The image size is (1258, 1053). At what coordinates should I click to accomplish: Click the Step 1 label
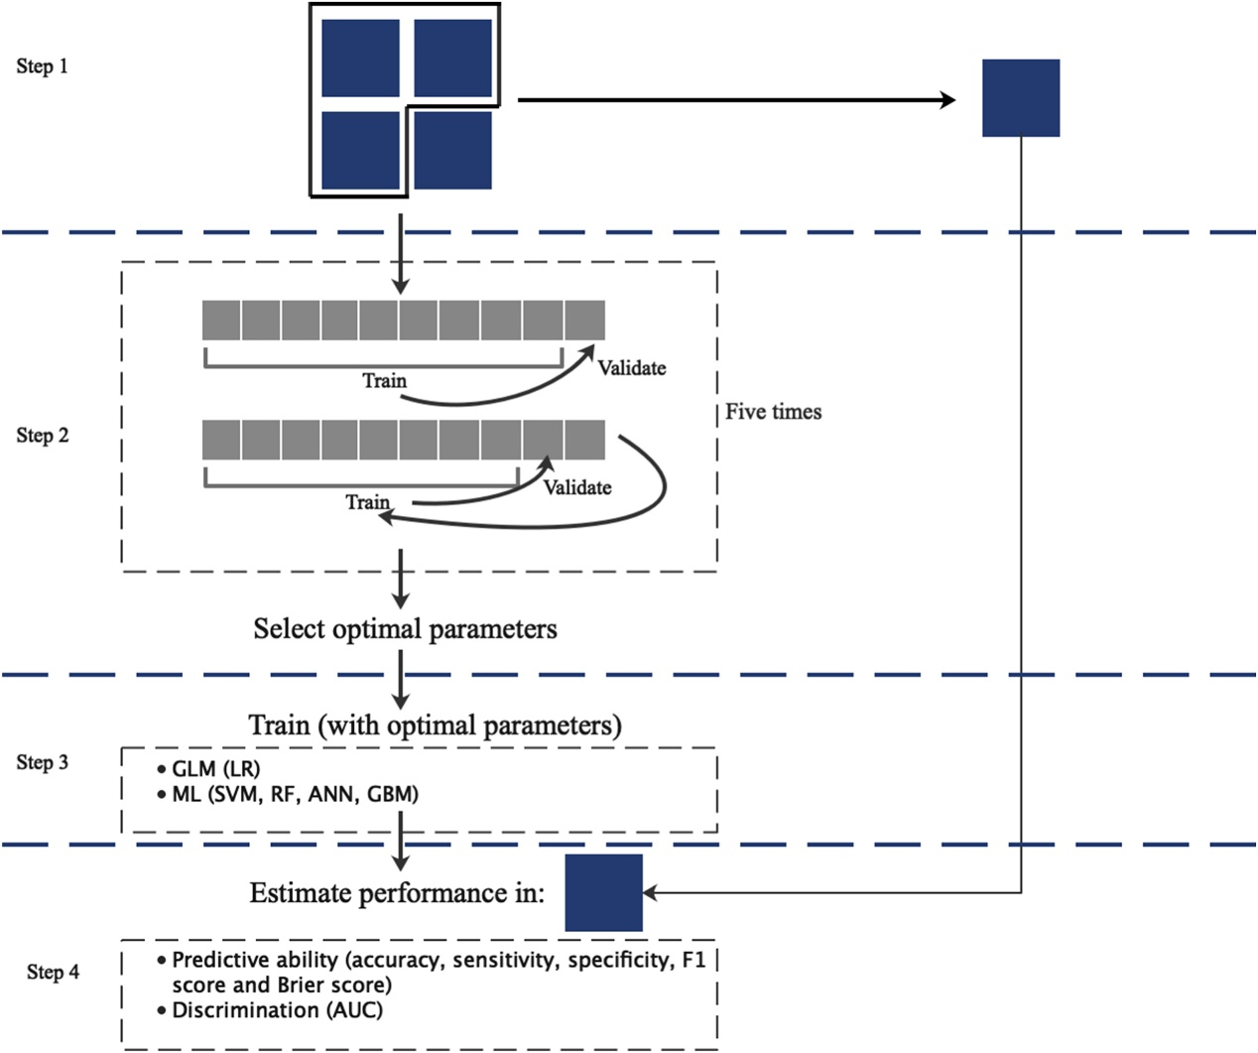43,66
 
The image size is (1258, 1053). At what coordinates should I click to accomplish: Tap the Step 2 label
43,436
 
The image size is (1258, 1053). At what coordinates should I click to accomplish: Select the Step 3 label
43,762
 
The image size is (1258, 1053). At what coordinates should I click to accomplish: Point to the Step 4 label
54,973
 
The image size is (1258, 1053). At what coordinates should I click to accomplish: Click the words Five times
773,412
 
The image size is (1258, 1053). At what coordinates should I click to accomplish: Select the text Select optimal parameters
405,629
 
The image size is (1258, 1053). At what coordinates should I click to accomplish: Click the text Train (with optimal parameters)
435,725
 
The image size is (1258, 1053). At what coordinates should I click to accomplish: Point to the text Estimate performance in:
397,893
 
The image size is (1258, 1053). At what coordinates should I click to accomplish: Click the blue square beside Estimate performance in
603,893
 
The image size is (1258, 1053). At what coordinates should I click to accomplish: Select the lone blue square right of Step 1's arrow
1021,98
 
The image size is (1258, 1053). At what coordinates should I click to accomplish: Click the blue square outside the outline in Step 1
452,150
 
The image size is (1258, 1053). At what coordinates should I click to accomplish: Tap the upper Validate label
631,368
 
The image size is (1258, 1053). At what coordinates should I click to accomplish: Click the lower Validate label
576,487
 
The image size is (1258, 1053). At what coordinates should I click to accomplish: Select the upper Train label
384,381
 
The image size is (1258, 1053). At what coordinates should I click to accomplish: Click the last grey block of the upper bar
585,321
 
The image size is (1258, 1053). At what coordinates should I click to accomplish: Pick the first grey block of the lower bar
221,440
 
